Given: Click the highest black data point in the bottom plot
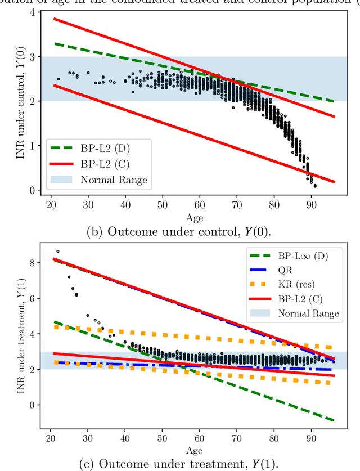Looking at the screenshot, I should pyautogui.click(x=57, y=251).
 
